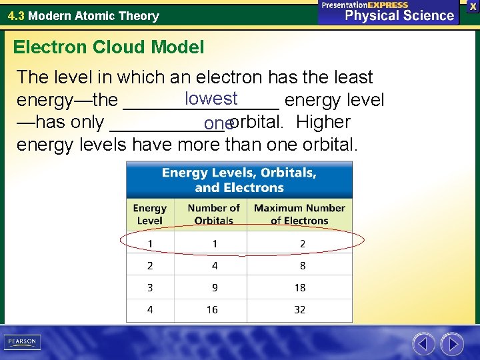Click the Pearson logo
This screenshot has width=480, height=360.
point(22,342)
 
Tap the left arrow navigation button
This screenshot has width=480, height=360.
point(423,344)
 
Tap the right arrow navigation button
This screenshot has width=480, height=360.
point(452,344)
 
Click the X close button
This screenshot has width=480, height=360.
point(473,6)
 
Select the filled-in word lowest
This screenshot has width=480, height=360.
point(211,99)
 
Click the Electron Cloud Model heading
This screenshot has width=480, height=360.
point(109,47)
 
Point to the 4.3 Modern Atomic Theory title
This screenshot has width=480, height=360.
point(83,15)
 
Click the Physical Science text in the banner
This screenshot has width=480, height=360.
point(399,15)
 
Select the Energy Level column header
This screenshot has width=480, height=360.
point(150,215)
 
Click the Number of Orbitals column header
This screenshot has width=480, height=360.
point(213,215)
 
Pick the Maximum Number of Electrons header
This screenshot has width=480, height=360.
point(299,215)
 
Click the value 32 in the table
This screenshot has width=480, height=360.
point(300,309)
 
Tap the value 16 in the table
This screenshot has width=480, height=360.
point(212,309)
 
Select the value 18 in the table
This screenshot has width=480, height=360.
point(300,287)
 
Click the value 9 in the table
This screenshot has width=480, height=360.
point(214,287)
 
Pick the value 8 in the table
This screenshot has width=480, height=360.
point(302,265)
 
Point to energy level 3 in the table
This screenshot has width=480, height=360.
point(150,287)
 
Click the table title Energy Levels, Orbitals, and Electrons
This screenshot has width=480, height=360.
point(239,180)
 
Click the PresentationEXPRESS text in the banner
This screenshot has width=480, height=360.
point(365,5)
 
